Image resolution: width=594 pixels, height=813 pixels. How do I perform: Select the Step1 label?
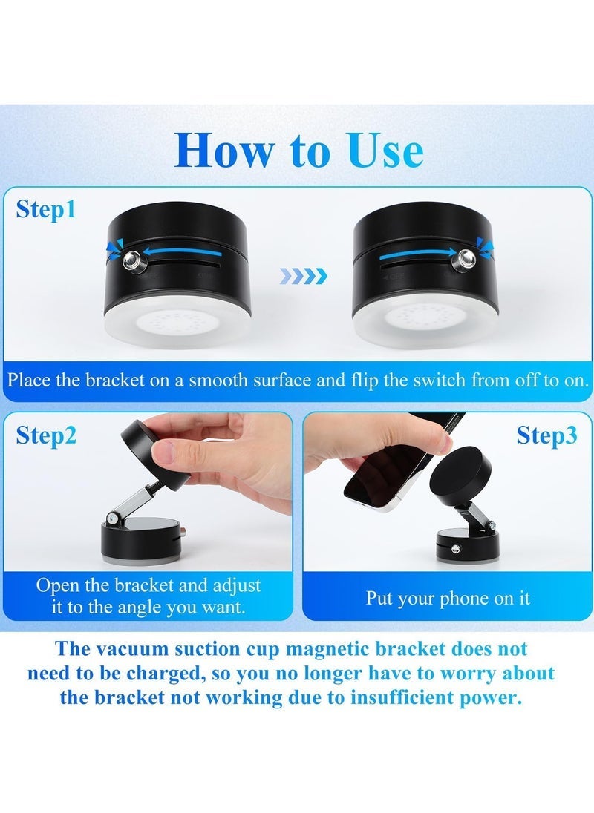[46, 209]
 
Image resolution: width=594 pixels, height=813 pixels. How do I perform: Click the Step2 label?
[46, 435]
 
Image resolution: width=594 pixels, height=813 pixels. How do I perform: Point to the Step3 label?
[546, 435]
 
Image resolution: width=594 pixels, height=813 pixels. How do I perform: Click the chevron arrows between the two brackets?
[303, 277]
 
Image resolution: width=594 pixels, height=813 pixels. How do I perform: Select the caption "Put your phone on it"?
[448, 598]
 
